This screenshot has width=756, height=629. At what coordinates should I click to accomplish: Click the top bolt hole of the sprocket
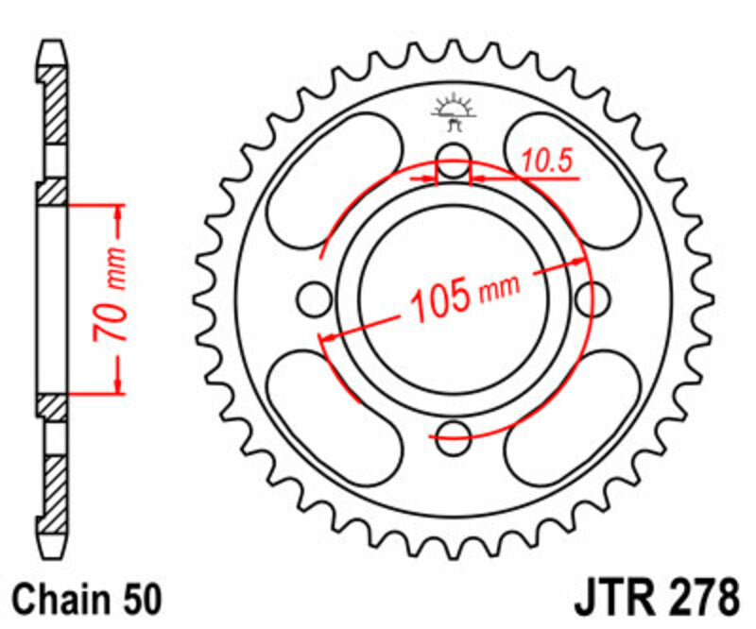(454, 158)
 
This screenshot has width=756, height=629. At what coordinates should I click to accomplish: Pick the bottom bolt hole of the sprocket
(454, 433)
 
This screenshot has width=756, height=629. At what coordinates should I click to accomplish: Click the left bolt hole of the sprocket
(315, 299)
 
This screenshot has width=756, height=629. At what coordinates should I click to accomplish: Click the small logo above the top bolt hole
(454, 111)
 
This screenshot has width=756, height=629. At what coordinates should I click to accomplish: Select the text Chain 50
(90, 599)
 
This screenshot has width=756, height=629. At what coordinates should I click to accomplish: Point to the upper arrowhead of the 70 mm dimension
(119, 210)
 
